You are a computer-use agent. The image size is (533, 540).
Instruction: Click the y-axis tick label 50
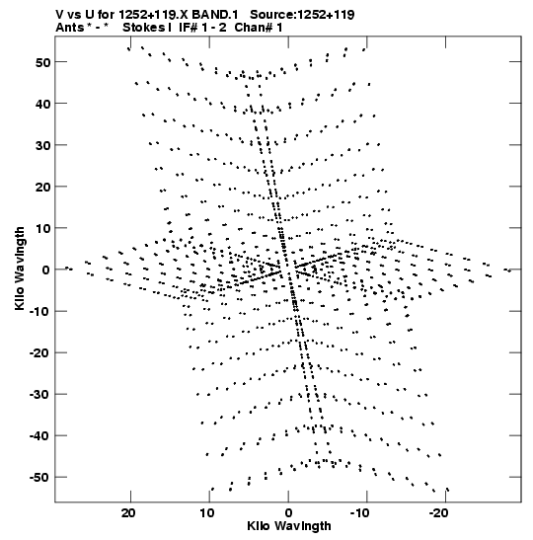click(42, 62)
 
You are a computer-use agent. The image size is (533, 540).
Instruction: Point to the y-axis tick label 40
click(42, 104)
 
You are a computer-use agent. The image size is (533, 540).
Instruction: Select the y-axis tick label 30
click(42, 145)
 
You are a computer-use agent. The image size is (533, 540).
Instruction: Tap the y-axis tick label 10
click(42, 228)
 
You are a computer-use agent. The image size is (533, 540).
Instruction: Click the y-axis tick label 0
click(46, 270)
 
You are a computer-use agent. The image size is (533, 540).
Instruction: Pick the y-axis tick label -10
click(39, 311)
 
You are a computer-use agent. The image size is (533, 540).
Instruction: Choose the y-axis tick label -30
click(39, 394)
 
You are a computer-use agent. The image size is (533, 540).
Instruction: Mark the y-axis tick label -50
click(39, 478)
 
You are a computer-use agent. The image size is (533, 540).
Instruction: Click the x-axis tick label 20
click(128, 513)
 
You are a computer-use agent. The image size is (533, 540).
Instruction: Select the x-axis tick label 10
click(207, 513)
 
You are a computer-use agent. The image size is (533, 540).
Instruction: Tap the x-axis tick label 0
click(288, 513)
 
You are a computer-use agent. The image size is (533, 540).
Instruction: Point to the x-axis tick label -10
click(360, 513)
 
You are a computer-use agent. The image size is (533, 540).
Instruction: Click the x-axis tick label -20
click(438, 513)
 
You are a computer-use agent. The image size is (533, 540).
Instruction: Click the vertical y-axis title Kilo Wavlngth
click(20, 269)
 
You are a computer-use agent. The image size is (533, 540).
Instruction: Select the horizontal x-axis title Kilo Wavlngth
click(289, 526)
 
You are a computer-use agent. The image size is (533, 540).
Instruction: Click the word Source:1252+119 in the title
click(302, 15)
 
